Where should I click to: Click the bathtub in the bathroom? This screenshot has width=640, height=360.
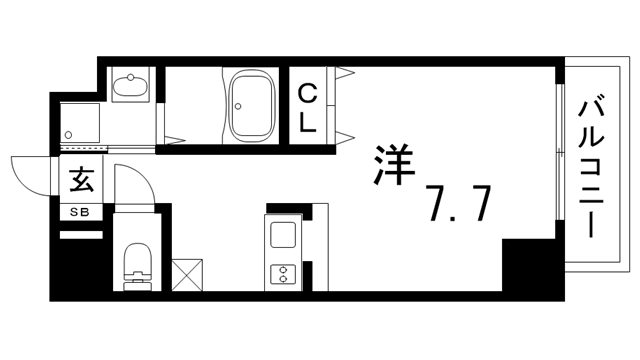click(x=251, y=106)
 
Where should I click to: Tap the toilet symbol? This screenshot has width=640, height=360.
click(x=138, y=267)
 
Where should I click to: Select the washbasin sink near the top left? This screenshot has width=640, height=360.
click(x=130, y=84)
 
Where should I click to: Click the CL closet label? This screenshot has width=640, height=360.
click(x=307, y=108)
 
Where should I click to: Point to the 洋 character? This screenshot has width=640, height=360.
click(x=394, y=165)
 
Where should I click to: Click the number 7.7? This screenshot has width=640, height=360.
click(x=457, y=203)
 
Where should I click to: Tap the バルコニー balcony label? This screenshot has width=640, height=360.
click(x=591, y=165)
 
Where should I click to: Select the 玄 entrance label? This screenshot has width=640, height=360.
click(x=81, y=179)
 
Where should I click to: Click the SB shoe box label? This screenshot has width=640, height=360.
click(x=80, y=212)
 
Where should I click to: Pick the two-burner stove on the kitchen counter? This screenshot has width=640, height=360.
click(x=282, y=273)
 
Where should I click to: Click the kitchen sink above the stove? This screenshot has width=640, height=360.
click(x=283, y=235)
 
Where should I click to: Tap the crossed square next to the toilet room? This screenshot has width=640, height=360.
click(x=187, y=275)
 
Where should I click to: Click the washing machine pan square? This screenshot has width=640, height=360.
click(x=80, y=123)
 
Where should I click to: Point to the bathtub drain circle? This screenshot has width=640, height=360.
click(x=238, y=107)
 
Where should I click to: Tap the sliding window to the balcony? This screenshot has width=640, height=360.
click(x=560, y=152)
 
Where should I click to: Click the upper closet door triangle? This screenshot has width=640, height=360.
click(x=344, y=73)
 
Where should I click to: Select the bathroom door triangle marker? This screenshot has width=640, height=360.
click(x=175, y=140)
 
